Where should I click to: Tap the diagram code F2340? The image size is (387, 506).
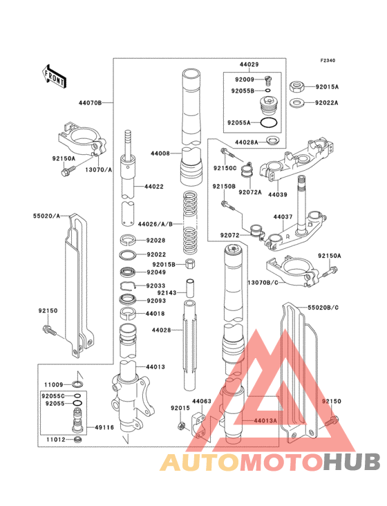tap(327, 61)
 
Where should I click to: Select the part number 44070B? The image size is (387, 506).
tap(89, 102)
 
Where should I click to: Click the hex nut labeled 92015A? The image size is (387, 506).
tap(297, 86)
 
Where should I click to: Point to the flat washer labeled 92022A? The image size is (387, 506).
tap(297, 103)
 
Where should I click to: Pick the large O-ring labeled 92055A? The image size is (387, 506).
tap(270, 123)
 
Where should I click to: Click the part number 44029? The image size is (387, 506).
tap(249, 64)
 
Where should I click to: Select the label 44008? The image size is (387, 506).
tap(160, 154)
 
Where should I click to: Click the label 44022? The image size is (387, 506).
tap(154, 187)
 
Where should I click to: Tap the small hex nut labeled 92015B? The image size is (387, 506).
tap(191, 265)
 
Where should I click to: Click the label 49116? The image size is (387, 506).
tap(106, 427)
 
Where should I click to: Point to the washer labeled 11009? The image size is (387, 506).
tap(79, 384)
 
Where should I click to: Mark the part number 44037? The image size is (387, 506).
tap(283, 217)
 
